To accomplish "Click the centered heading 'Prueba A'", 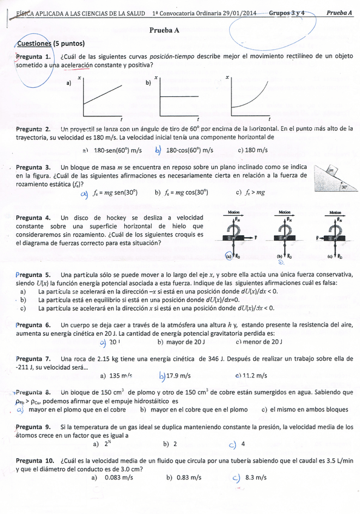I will pos(163,28).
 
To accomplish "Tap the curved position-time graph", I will pos(250,97).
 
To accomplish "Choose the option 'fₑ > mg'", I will pos(251,193).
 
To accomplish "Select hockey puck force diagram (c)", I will pos(335,236).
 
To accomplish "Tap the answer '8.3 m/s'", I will pos(256,477).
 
